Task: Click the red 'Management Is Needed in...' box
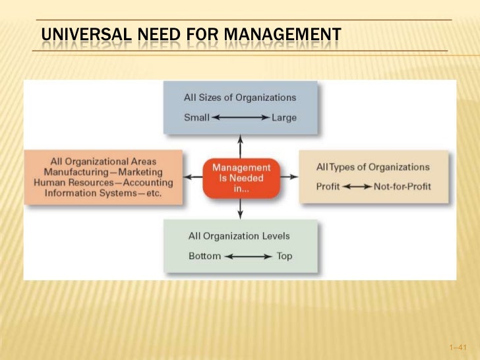(241, 177)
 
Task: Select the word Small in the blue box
(196, 118)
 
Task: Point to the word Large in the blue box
(284, 118)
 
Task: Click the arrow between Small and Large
(240, 118)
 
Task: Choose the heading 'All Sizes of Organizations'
(240, 98)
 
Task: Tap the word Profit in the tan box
(328, 187)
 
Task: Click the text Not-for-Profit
(402, 187)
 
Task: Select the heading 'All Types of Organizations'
(373, 167)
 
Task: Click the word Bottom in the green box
(204, 256)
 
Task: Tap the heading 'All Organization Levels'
(239, 235)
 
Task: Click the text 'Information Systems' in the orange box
(88, 193)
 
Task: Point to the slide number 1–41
(456, 346)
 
